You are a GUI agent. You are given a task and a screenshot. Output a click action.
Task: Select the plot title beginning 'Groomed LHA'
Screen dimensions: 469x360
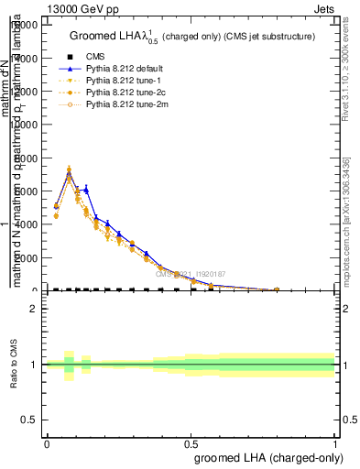[x=191, y=36]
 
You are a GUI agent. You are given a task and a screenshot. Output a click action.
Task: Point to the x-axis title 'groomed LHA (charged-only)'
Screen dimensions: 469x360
[x=265, y=458]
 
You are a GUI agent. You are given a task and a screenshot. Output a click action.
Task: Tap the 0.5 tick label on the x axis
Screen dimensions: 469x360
[x=191, y=442]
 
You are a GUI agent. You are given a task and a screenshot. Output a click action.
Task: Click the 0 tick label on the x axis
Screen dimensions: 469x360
[x=47, y=442]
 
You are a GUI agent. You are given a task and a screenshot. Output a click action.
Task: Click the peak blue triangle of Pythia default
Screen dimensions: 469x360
[x=69, y=174]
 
